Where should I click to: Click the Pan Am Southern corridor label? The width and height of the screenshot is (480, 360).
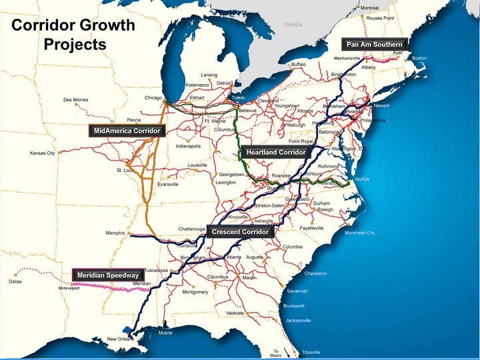pyautogui.click(x=374, y=45)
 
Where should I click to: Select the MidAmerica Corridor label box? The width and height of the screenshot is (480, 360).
pyautogui.click(x=127, y=131)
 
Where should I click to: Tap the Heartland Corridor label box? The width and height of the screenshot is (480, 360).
pyautogui.click(x=275, y=153)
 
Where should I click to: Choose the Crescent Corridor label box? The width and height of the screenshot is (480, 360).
pyautogui.click(x=240, y=232)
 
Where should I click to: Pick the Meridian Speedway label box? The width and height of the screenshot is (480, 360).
pyautogui.click(x=107, y=275)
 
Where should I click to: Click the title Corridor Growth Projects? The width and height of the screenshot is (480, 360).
pyautogui.click(x=73, y=35)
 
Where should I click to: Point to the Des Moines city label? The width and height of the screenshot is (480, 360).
pyautogui.click(x=76, y=100)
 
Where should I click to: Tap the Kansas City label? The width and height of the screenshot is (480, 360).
pyautogui.click(x=42, y=153)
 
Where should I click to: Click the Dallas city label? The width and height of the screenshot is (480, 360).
pyautogui.click(x=15, y=281)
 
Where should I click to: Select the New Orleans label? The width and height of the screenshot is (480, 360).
pyautogui.click(x=120, y=339)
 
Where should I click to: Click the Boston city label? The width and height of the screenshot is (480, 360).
pyautogui.click(x=419, y=59)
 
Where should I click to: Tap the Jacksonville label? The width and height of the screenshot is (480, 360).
pyautogui.click(x=298, y=321)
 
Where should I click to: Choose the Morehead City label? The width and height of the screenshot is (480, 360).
pyautogui.click(x=359, y=233)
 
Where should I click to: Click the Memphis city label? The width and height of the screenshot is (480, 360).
pyautogui.click(x=115, y=233)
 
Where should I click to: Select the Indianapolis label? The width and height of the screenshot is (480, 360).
pyautogui.click(x=188, y=146)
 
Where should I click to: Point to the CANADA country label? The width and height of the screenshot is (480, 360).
pyautogui.click(x=293, y=24)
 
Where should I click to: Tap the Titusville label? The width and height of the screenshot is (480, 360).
pyautogui.click(x=311, y=351)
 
